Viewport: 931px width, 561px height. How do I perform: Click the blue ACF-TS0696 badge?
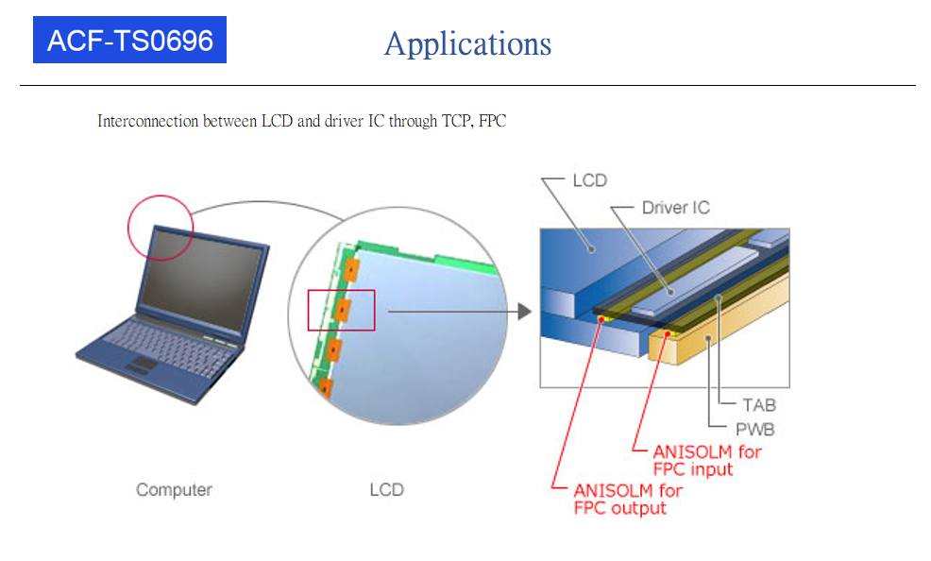129,40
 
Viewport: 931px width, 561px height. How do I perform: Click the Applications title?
468,44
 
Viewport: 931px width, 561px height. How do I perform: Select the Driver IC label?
676,208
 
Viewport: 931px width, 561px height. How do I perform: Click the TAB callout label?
759,405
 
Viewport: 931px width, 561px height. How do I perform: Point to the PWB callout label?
754,429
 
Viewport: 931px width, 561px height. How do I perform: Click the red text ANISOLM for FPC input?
706,461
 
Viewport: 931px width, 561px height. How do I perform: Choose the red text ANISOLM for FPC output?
628,500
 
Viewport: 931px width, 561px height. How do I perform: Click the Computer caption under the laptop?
174,490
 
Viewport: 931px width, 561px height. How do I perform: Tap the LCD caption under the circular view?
386,490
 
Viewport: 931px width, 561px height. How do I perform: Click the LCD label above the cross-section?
589,180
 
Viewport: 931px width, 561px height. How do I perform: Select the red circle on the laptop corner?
128,228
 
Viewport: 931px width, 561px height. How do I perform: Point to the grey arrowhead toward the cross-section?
524,311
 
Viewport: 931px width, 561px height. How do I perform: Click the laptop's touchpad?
144,363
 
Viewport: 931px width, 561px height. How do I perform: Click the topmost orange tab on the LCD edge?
351,270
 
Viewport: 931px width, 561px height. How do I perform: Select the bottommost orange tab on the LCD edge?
326,387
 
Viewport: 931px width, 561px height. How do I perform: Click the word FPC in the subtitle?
492,121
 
